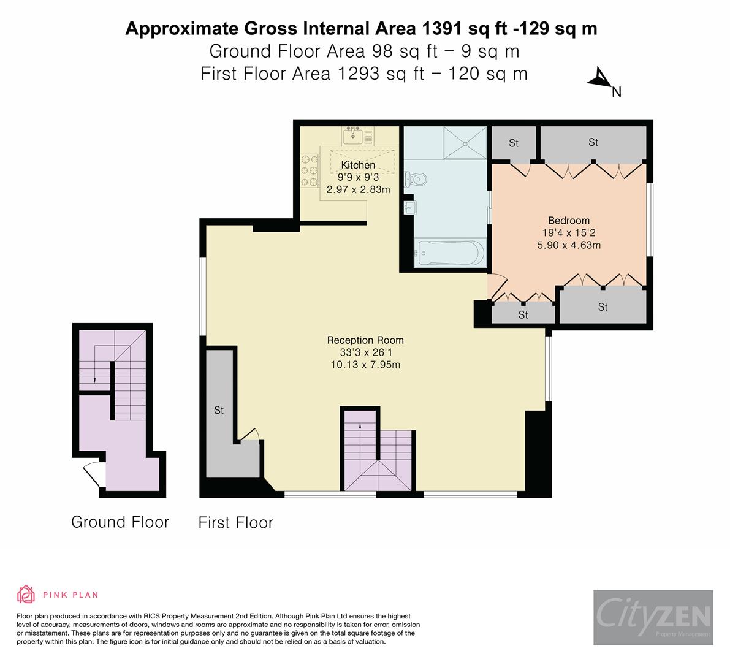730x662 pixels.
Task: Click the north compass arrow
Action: pyautogui.click(x=599, y=79)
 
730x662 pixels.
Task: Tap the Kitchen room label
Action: pyautogui.click(x=358, y=165)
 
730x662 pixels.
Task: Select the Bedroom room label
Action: pyautogui.click(x=568, y=221)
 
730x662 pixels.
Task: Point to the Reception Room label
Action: pyautogui.click(x=365, y=340)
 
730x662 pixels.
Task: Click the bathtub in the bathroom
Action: pyautogui.click(x=450, y=253)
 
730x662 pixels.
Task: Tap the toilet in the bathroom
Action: pyautogui.click(x=418, y=179)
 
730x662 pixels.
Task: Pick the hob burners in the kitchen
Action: pyautogui.click(x=310, y=169)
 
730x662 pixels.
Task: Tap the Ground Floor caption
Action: pyautogui.click(x=120, y=522)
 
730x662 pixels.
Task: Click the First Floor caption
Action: pyautogui.click(x=235, y=522)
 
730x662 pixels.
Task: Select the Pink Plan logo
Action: pyautogui.click(x=58, y=594)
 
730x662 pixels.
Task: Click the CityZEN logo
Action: pyautogui.click(x=653, y=617)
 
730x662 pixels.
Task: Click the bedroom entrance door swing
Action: pyautogui.click(x=497, y=285)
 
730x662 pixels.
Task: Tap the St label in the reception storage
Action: pyautogui.click(x=219, y=411)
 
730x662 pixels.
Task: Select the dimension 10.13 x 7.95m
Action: pyautogui.click(x=365, y=365)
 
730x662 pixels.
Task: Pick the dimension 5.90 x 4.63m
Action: pyautogui.click(x=568, y=245)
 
